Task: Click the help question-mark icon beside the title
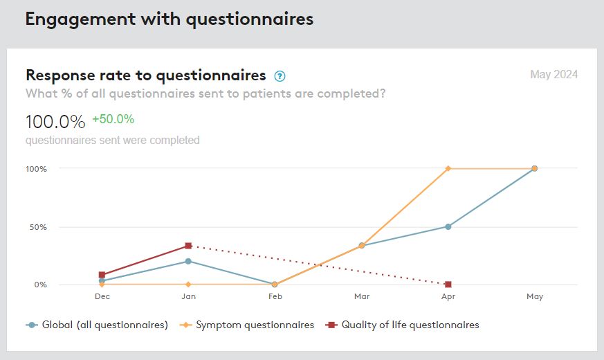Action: pos(280,76)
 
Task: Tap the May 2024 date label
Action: pos(553,75)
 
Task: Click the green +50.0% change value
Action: pos(113,119)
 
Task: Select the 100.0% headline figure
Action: pos(55,122)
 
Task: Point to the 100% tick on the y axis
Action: pos(37,169)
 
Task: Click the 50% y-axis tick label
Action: pos(39,227)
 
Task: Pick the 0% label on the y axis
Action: pos(41,285)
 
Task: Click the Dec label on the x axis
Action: pos(102,296)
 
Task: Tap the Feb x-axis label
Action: pos(275,296)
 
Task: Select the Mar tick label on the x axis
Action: pos(362,296)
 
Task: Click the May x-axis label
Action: pos(535,296)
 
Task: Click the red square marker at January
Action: pos(188,246)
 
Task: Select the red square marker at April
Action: pos(448,285)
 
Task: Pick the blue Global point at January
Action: pos(188,261)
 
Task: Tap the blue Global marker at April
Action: pos(448,226)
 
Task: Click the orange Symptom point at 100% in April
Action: pos(448,168)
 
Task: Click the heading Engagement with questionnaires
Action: pos(170,19)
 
